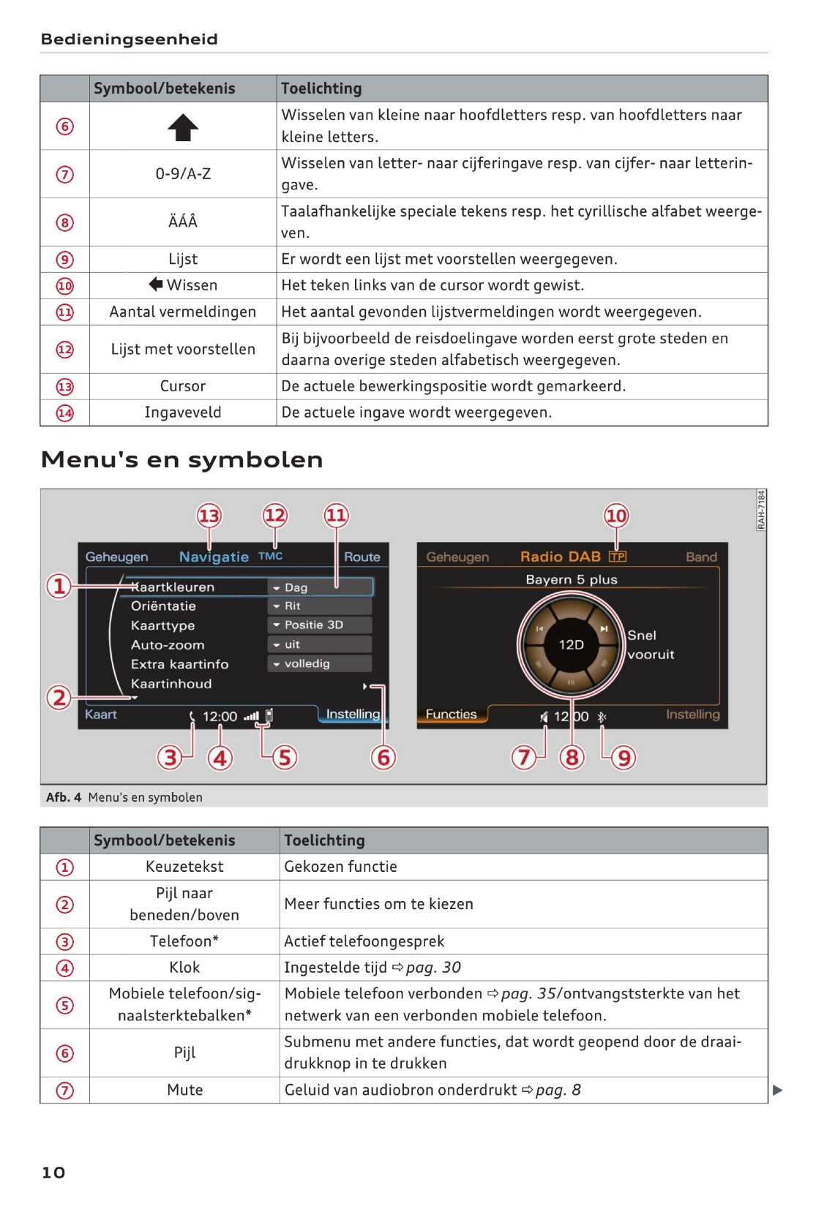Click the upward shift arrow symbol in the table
183,127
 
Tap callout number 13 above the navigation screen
209,516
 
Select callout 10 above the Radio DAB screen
616,516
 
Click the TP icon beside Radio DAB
618,557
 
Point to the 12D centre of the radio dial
572,644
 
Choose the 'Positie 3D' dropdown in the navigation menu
320,625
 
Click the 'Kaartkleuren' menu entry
173,587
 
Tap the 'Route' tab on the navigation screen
362,557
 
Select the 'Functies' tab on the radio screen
451,714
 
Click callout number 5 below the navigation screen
285,757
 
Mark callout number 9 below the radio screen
624,757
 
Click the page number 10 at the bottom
53,1172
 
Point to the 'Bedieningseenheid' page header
130,39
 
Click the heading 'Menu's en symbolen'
181,459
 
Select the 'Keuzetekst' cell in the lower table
184,867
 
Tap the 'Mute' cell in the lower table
184,1090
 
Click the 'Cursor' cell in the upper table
183,386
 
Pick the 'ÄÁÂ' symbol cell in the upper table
183,222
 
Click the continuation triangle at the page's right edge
777,1091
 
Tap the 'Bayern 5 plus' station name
572,579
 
